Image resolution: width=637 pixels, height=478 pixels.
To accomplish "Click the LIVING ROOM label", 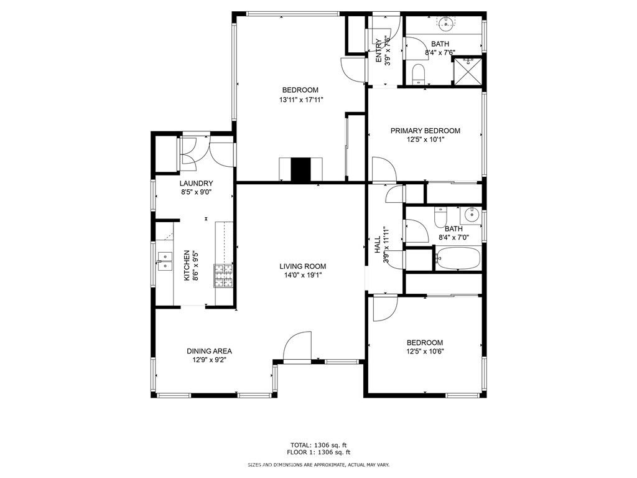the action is (x=303, y=266).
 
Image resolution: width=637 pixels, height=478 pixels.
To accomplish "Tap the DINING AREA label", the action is (x=209, y=351).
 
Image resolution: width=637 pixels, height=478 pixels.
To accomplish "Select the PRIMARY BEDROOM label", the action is (x=425, y=131).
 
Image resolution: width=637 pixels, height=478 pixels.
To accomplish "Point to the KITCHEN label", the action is (x=187, y=265).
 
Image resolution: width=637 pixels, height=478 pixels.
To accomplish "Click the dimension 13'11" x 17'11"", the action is (x=300, y=100).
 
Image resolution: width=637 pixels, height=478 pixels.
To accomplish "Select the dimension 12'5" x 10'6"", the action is (x=425, y=352).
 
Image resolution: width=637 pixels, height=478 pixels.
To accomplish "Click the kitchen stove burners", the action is (x=223, y=276).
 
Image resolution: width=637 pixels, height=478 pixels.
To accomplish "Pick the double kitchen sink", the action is (x=165, y=261).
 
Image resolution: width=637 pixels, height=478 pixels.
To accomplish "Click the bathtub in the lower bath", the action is (x=458, y=258).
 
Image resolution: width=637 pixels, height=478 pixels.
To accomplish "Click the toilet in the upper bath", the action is (x=418, y=75).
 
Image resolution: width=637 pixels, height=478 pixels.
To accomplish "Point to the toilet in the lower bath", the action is (x=440, y=217).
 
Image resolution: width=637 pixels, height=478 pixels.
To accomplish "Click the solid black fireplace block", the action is (x=300, y=169).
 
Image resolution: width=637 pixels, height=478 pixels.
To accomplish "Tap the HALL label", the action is (x=378, y=245).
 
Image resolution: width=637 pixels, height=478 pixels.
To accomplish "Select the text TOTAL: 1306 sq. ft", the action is (x=318, y=445).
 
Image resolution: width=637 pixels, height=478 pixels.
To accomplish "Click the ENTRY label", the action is (x=379, y=50).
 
